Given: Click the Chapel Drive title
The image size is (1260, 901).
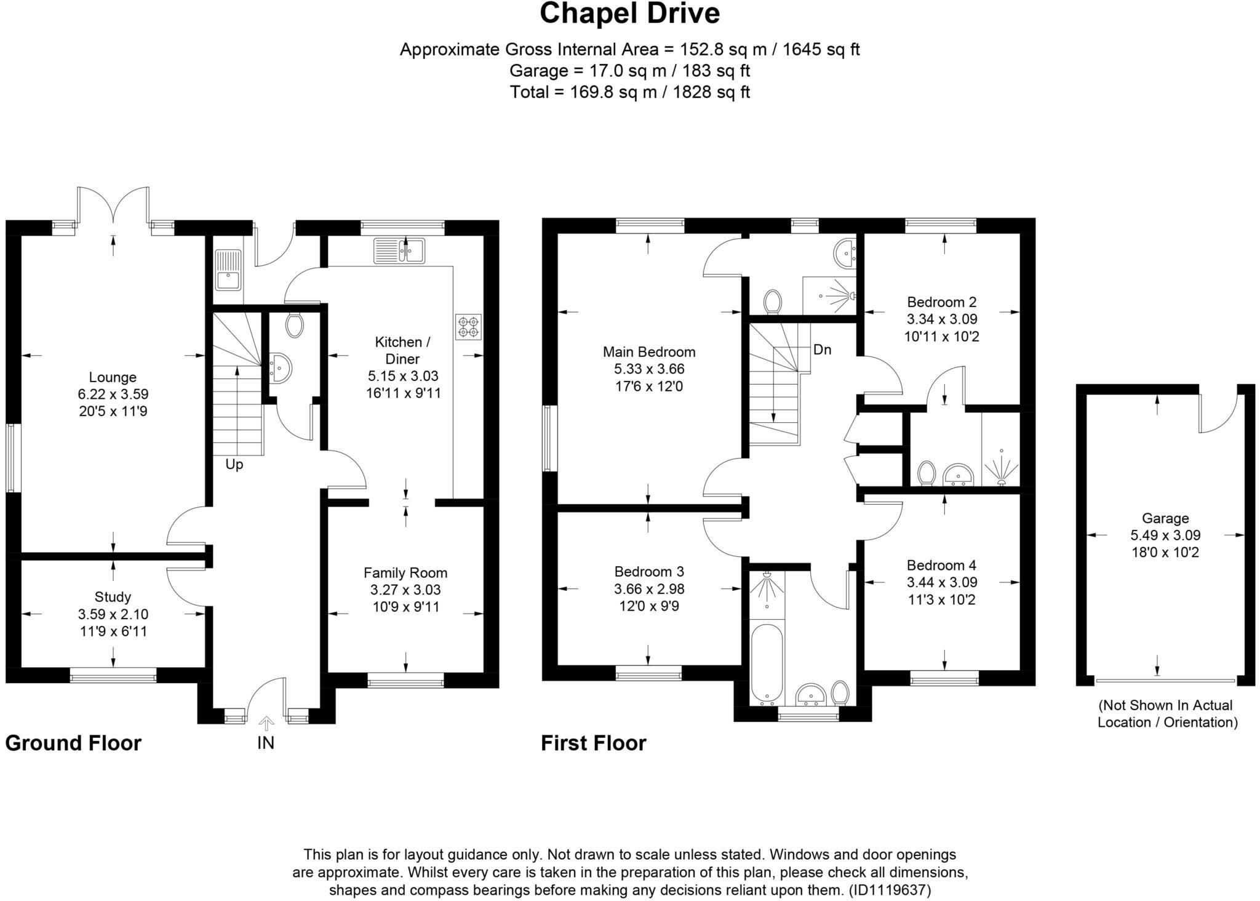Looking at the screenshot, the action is point(629,14).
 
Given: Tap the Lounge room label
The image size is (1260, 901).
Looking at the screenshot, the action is point(113,377).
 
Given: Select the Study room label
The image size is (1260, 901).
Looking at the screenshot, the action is point(113,597).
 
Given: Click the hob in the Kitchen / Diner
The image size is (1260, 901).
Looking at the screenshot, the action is point(469,327).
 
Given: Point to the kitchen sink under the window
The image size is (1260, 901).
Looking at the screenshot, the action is point(399,250).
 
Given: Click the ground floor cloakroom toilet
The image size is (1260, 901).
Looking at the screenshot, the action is point(295,324).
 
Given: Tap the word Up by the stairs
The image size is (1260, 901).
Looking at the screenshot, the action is point(234,465).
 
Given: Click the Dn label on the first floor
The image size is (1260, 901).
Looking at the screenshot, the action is point(822,350).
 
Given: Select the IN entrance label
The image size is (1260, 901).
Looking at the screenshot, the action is point(266,743).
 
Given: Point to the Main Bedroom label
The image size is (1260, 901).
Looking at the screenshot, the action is point(649,352).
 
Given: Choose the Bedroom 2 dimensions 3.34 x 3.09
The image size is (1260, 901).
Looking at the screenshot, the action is point(942,319).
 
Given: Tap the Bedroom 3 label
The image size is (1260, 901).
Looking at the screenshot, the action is point(649,572).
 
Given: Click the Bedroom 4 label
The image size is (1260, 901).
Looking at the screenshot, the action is point(941,565).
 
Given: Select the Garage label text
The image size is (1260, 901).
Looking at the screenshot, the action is point(1165,518).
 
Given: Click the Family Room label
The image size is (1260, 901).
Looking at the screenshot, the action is point(405,573).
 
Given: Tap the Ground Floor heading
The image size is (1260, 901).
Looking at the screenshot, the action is point(73,743).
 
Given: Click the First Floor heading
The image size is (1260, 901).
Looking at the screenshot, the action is point(594,743).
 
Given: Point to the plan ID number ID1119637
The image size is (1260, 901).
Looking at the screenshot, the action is point(890,890).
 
